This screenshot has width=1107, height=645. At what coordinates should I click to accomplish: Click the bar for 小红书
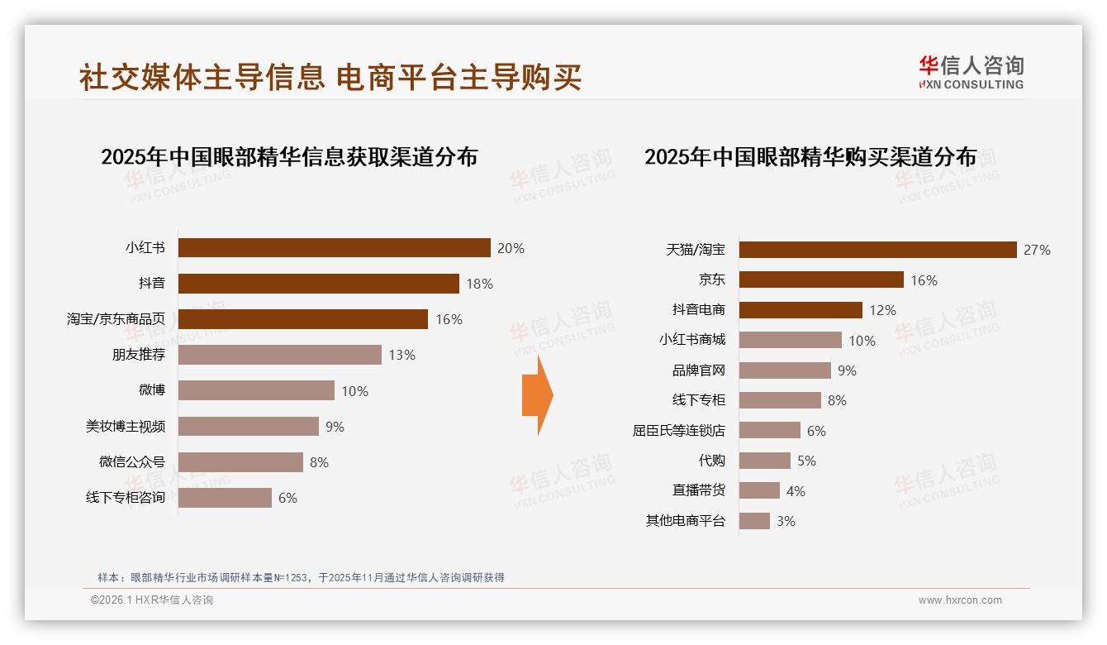335,248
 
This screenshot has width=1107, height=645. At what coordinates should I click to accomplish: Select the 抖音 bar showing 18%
319,284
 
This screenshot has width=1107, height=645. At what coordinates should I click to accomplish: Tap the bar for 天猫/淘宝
877,250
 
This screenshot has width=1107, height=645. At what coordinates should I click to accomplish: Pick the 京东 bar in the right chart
821,279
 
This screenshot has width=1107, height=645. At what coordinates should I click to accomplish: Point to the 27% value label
1037,250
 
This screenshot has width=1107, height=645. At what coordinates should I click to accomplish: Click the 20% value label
511,248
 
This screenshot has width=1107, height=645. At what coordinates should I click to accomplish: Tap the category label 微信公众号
132,461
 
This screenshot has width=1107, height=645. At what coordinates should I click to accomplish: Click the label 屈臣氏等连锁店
678,430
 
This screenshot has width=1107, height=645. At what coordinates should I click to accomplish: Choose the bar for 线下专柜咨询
225,498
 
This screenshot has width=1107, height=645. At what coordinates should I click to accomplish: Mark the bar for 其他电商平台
754,521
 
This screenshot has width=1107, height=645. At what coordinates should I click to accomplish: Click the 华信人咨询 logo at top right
971,72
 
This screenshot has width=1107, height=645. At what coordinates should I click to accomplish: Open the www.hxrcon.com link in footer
960,600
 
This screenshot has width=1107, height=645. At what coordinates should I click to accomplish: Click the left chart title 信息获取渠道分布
289,157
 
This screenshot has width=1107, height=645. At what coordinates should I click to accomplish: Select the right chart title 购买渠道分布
810,157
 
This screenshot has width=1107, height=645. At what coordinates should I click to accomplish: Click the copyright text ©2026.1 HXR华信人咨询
152,600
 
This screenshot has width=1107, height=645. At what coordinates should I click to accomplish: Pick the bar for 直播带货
759,490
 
